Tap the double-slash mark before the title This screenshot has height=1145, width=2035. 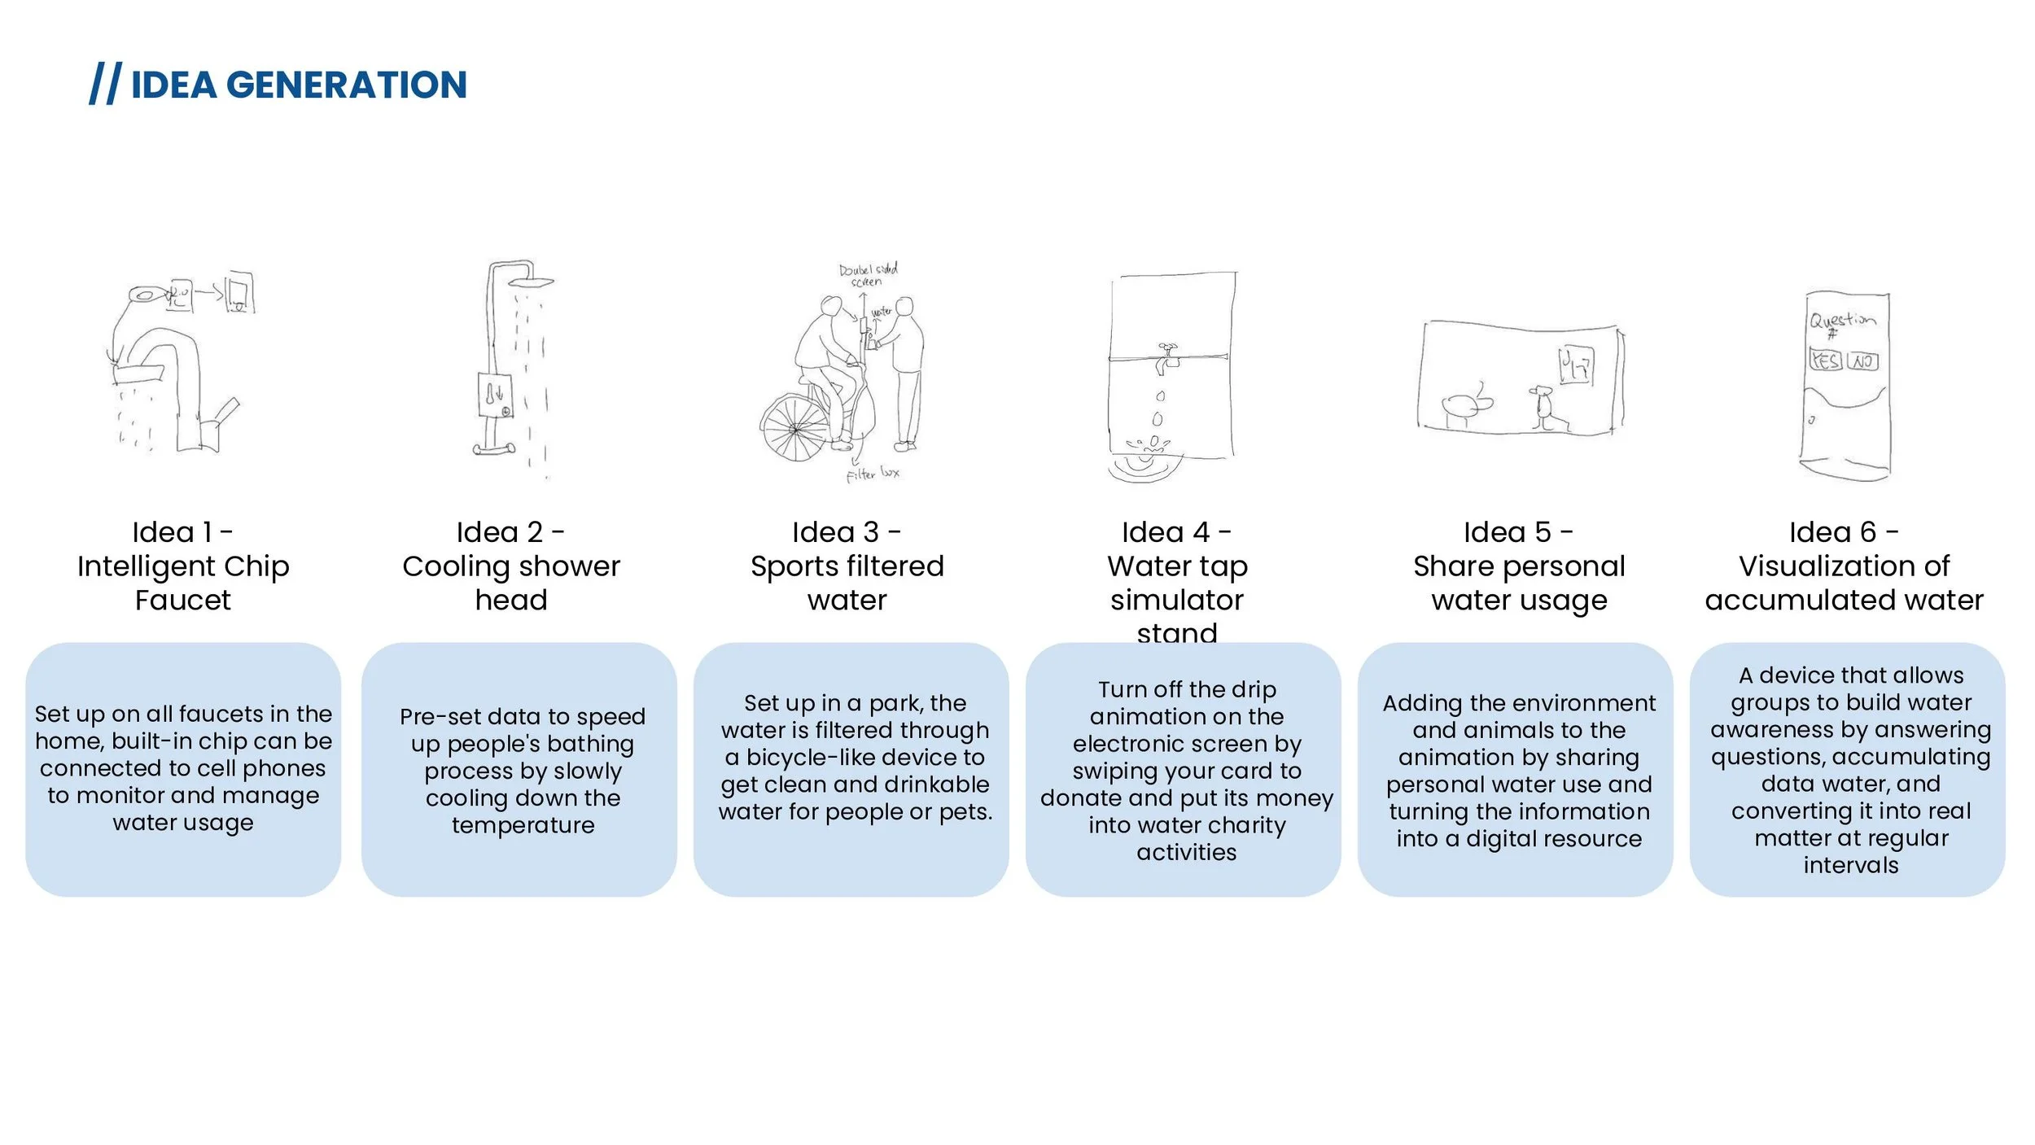[105, 84]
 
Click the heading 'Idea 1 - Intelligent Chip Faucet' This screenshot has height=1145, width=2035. [183, 566]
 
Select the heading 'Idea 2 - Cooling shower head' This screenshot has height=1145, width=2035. [511, 566]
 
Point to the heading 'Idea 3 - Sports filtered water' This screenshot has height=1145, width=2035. [847, 566]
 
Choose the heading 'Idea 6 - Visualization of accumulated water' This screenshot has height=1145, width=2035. [1844, 566]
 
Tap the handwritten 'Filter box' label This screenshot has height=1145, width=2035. [873, 474]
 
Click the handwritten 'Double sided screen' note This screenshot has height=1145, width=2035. [868, 274]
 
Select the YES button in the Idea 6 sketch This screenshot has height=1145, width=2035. [1825, 360]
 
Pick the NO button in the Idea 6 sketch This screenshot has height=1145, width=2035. [1862, 361]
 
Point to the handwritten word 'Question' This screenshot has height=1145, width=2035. [1842, 320]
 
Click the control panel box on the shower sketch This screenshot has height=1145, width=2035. [494, 396]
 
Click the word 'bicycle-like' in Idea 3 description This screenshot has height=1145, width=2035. [806, 758]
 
